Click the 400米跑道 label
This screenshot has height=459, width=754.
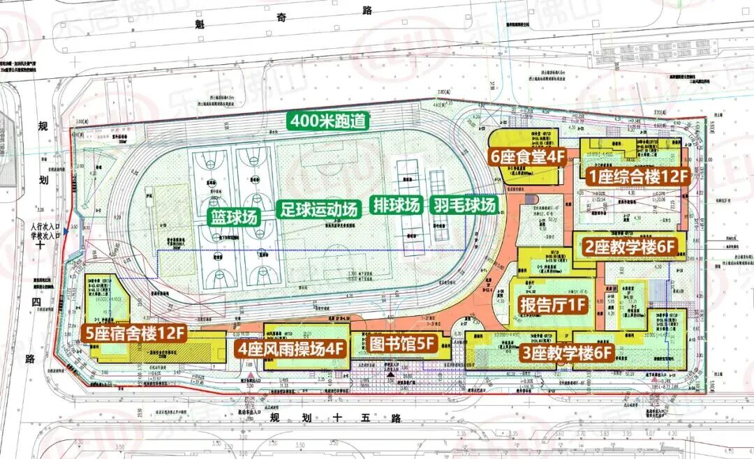328,121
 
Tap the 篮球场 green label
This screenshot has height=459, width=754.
234,216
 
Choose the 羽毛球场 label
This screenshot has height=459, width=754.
464,205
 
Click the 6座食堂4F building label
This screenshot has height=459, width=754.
527,157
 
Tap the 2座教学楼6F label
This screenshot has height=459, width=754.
630,246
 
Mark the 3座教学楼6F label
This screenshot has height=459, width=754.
568,353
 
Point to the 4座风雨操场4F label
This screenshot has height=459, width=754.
292,348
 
